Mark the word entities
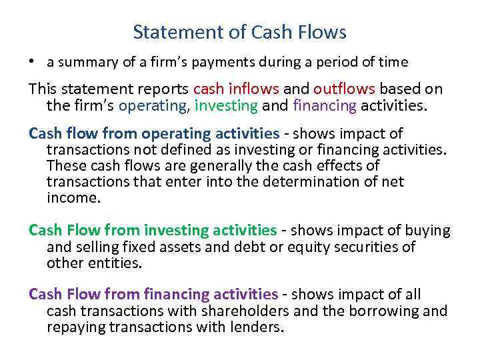pyautogui.click(x=119, y=263)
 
